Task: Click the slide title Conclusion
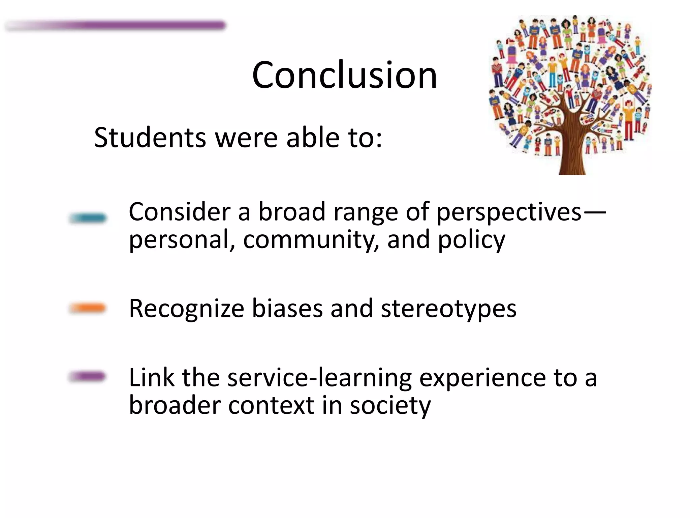click(344, 75)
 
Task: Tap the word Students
click(150, 138)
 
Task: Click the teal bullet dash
click(88, 218)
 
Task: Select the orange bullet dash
click(88, 308)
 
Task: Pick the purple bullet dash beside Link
click(88, 376)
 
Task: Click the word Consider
click(180, 212)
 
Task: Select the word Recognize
click(186, 309)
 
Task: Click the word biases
click(287, 308)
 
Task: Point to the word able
click(313, 138)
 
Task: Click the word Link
click(152, 378)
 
